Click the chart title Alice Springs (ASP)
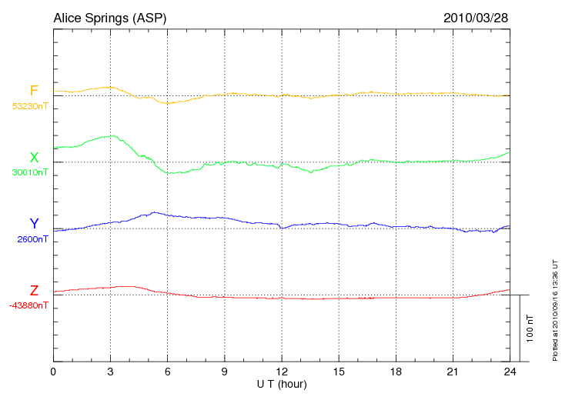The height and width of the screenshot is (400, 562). (109, 17)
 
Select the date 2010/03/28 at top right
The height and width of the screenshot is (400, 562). (476, 17)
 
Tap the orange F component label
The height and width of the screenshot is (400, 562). (34, 91)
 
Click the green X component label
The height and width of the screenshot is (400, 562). (34, 158)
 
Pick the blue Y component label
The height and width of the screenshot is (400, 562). (34, 224)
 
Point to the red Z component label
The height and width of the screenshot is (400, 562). (34, 291)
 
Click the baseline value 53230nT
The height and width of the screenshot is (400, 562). (29, 106)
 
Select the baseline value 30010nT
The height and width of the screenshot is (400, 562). (29, 172)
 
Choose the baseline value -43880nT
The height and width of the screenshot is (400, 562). (29, 305)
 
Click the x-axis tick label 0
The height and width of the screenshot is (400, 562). (53, 372)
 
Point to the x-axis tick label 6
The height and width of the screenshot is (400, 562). (167, 372)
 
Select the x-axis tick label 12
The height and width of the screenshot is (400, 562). (282, 372)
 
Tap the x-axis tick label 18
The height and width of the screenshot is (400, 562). (396, 372)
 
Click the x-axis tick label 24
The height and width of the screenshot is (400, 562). (510, 372)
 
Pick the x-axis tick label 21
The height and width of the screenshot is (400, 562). (453, 372)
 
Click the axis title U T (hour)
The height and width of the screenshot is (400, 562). (282, 383)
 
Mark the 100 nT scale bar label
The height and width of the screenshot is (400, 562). (530, 328)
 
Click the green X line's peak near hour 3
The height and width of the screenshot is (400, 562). (112, 136)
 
